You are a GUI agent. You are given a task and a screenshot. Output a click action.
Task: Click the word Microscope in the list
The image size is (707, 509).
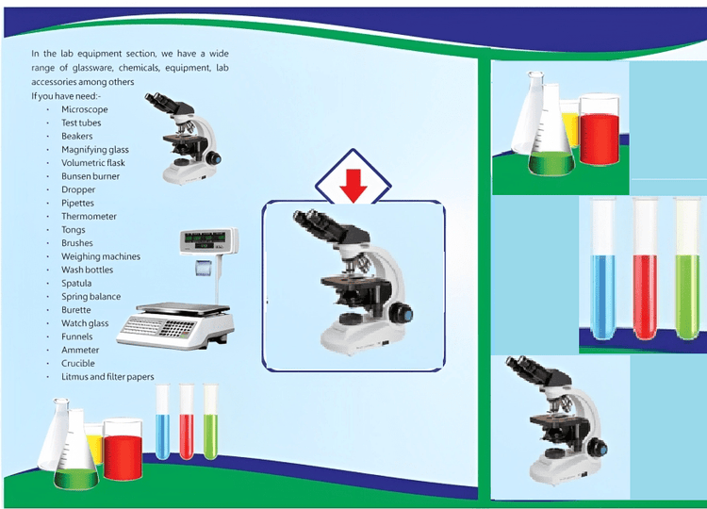click(x=84, y=109)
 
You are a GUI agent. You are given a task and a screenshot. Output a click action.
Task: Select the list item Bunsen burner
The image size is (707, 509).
click(x=90, y=176)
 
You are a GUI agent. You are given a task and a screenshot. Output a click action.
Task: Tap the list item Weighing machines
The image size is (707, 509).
click(x=100, y=256)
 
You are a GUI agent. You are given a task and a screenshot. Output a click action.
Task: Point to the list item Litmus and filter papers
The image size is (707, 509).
click(x=107, y=377)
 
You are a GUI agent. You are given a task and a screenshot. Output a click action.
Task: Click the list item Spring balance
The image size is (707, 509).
click(x=90, y=297)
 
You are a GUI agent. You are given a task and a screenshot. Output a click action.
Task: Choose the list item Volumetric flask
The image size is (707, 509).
click(x=92, y=163)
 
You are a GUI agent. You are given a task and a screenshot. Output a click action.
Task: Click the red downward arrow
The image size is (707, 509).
click(x=353, y=187)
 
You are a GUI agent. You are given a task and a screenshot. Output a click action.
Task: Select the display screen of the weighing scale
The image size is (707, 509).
click(x=206, y=241)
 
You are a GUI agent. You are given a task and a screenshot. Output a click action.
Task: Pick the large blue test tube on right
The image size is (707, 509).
click(x=603, y=273)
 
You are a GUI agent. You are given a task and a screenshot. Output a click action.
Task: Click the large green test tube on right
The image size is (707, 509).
click(x=687, y=273)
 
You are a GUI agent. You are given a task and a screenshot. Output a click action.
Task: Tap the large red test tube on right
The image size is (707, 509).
click(x=645, y=273)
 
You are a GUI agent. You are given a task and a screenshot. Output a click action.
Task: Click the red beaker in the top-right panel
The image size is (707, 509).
click(x=599, y=137)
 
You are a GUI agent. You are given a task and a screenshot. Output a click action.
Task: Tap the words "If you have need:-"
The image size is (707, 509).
click(x=66, y=96)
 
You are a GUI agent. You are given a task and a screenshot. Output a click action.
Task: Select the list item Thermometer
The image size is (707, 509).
click(x=89, y=217)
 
